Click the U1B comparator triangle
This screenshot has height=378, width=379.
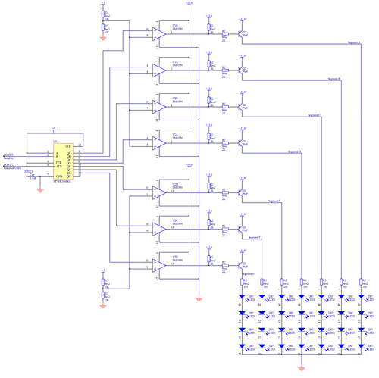pos(159,33)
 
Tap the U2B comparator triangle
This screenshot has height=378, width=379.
pos(159,107)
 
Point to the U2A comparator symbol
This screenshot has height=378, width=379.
pos(159,142)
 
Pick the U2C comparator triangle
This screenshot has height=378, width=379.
pos(159,228)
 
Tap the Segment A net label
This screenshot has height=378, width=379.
pos(353,43)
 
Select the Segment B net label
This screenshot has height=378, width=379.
pos(334,79)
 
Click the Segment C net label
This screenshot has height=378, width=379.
pos(315,115)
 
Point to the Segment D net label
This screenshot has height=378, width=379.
pos(295,152)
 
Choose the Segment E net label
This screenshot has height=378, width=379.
pos(274,201)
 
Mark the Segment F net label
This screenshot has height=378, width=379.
pos(255,237)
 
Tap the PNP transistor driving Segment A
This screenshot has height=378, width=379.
pos(241,33)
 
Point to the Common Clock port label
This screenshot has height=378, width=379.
pos(11,167)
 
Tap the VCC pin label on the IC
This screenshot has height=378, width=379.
pos(68,145)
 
